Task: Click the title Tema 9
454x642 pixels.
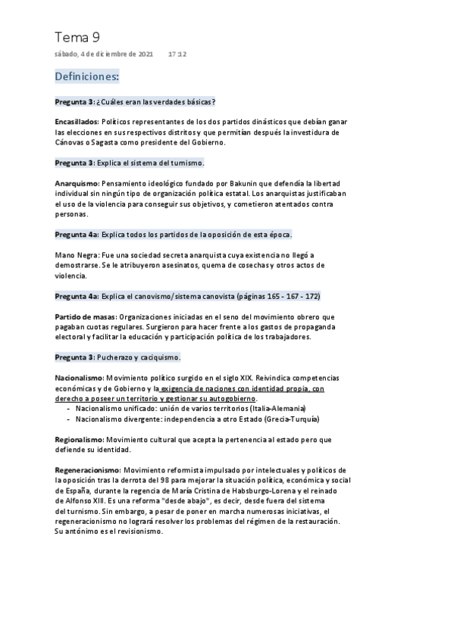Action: [x=77, y=37]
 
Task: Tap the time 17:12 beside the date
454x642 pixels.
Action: [x=177, y=55]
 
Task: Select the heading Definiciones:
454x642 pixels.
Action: [x=87, y=76]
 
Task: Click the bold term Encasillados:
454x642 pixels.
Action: [x=76, y=121]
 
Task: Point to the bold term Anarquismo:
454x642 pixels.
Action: [x=77, y=183]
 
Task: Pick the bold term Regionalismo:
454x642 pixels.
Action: [x=80, y=439]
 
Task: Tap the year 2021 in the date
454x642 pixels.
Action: [x=146, y=55]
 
